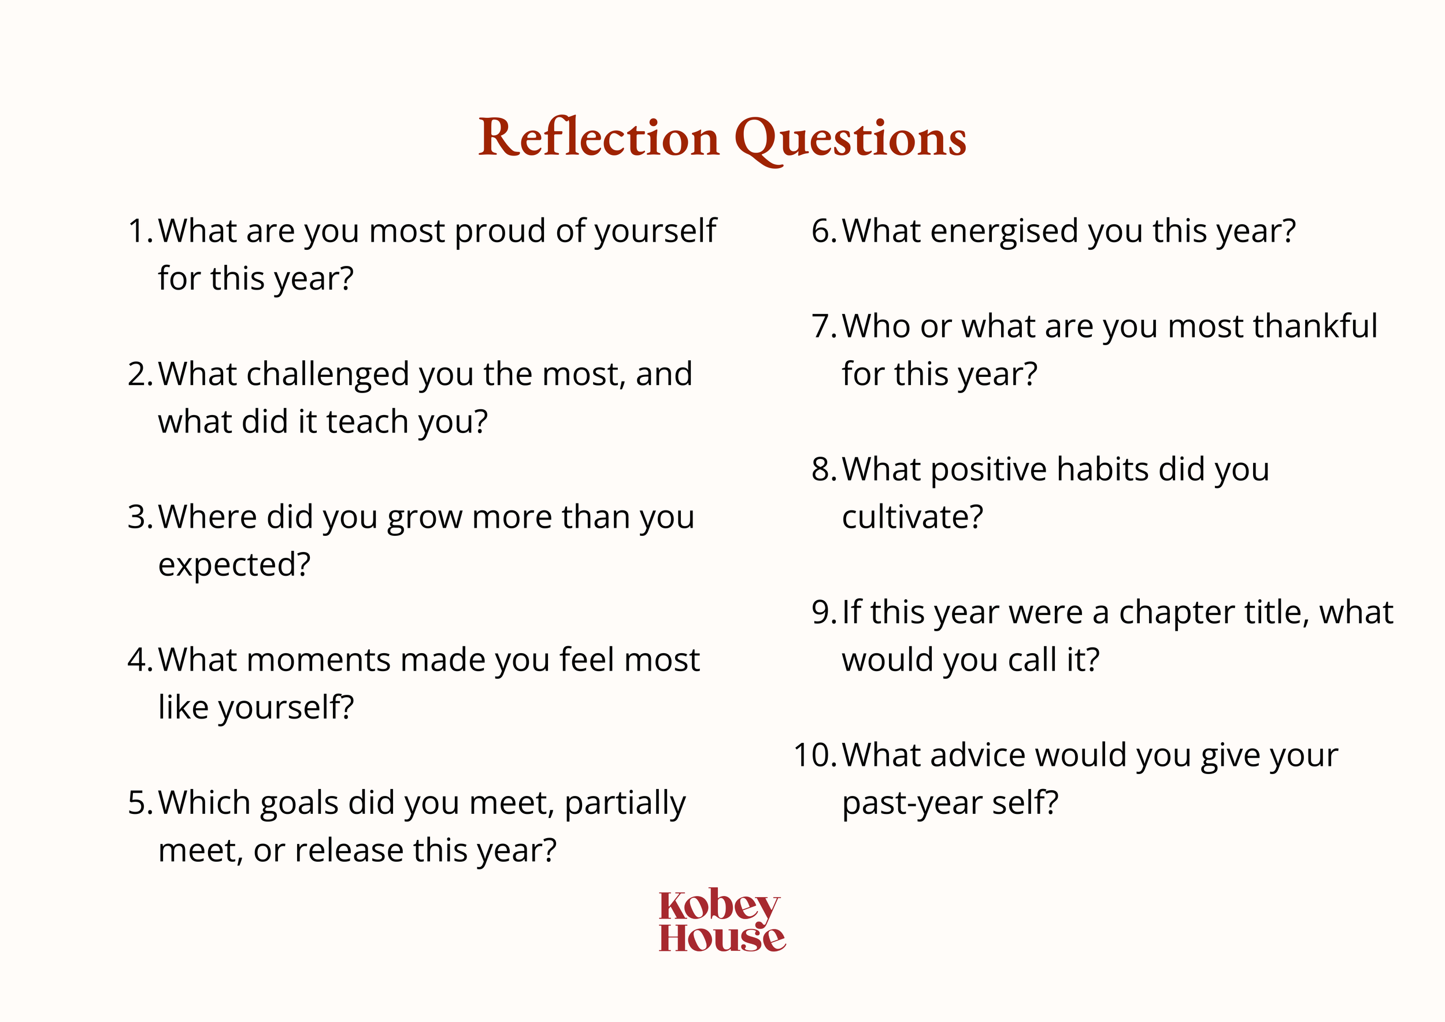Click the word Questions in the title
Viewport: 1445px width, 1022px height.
(x=850, y=139)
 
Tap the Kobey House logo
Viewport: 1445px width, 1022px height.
(x=722, y=920)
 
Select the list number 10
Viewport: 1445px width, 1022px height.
(x=813, y=755)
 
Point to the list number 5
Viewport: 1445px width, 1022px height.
(x=139, y=803)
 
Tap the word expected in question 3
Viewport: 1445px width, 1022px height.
(x=234, y=565)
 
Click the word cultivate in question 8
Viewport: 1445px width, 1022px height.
(x=912, y=517)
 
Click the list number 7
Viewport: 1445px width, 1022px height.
(x=822, y=327)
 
